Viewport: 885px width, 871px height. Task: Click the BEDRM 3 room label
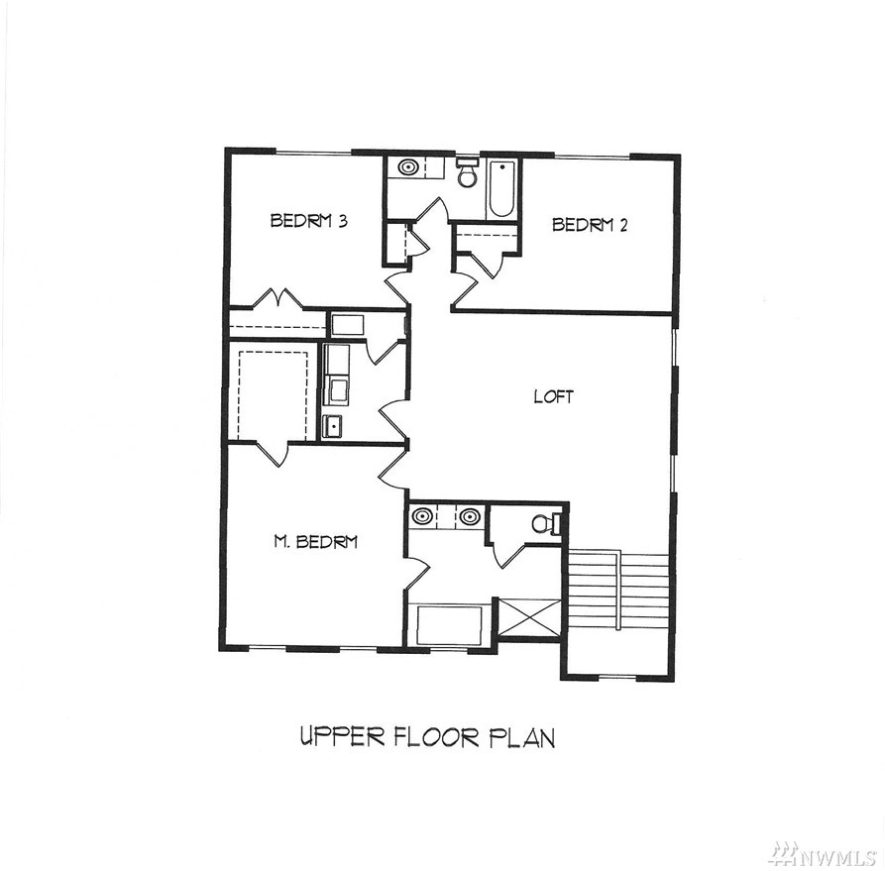pos(309,220)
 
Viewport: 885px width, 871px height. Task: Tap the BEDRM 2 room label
pos(590,225)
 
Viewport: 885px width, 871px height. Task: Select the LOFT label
pos(554,396)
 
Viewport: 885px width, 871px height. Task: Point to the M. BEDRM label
pos(315,542)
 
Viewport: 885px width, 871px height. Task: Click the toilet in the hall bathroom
pos(468,172)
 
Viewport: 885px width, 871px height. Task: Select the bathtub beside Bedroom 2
pos(501,188)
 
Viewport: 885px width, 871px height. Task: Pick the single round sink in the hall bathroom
pos(407,167)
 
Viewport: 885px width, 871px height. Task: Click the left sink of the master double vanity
pos(421,516)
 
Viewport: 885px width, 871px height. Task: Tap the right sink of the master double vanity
pos(470,516)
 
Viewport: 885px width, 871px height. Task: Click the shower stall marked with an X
pos(530,618)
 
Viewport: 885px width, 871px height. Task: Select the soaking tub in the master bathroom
pos(450,625)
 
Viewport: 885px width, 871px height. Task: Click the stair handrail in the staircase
pos(619,591)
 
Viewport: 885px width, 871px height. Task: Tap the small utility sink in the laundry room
pos(332,426)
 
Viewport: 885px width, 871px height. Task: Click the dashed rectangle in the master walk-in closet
pos(274,395)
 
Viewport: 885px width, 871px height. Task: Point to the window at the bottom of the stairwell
pos(616,676)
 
